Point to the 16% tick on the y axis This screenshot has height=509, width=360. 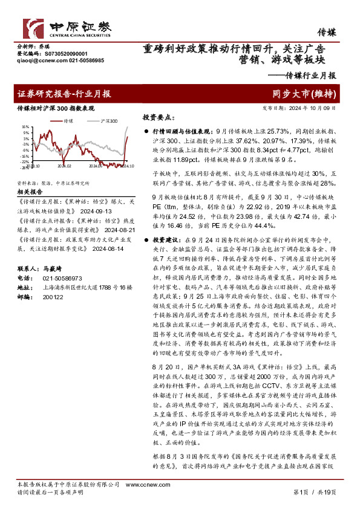[x=25, y=128]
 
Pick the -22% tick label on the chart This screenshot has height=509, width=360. [x=25, y=162]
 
